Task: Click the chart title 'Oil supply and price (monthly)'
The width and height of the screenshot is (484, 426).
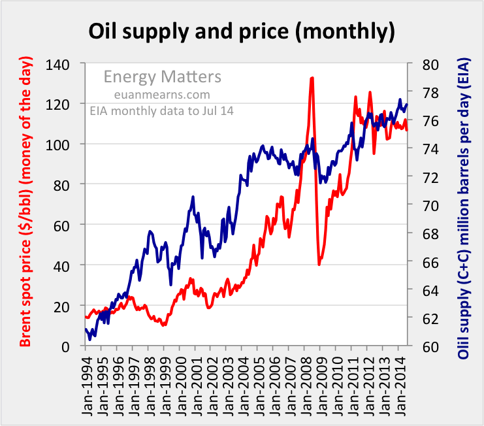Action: pyautogui.click(x=242, y=31)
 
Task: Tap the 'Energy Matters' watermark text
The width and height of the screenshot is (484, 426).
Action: pyautogui.click(x=163, y=77)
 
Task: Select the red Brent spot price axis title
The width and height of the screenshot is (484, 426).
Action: pyautogui.click(x=25, y=206)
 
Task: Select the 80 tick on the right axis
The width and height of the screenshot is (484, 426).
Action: pyautogui.click(x=423, y=64)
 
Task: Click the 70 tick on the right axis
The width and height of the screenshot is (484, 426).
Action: pyautogui.click(x=423, y=205)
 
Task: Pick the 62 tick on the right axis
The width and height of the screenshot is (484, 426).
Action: pyautogui.click(x=423, y=318)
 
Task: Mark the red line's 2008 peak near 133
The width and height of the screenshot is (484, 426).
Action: pyautogui.click(x=312, y=78)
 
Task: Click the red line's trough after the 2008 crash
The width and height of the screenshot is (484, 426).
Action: pyautogui.click(x=319, y=264)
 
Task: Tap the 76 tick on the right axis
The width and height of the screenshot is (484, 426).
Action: pyautogui.click(x=423, y=120)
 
